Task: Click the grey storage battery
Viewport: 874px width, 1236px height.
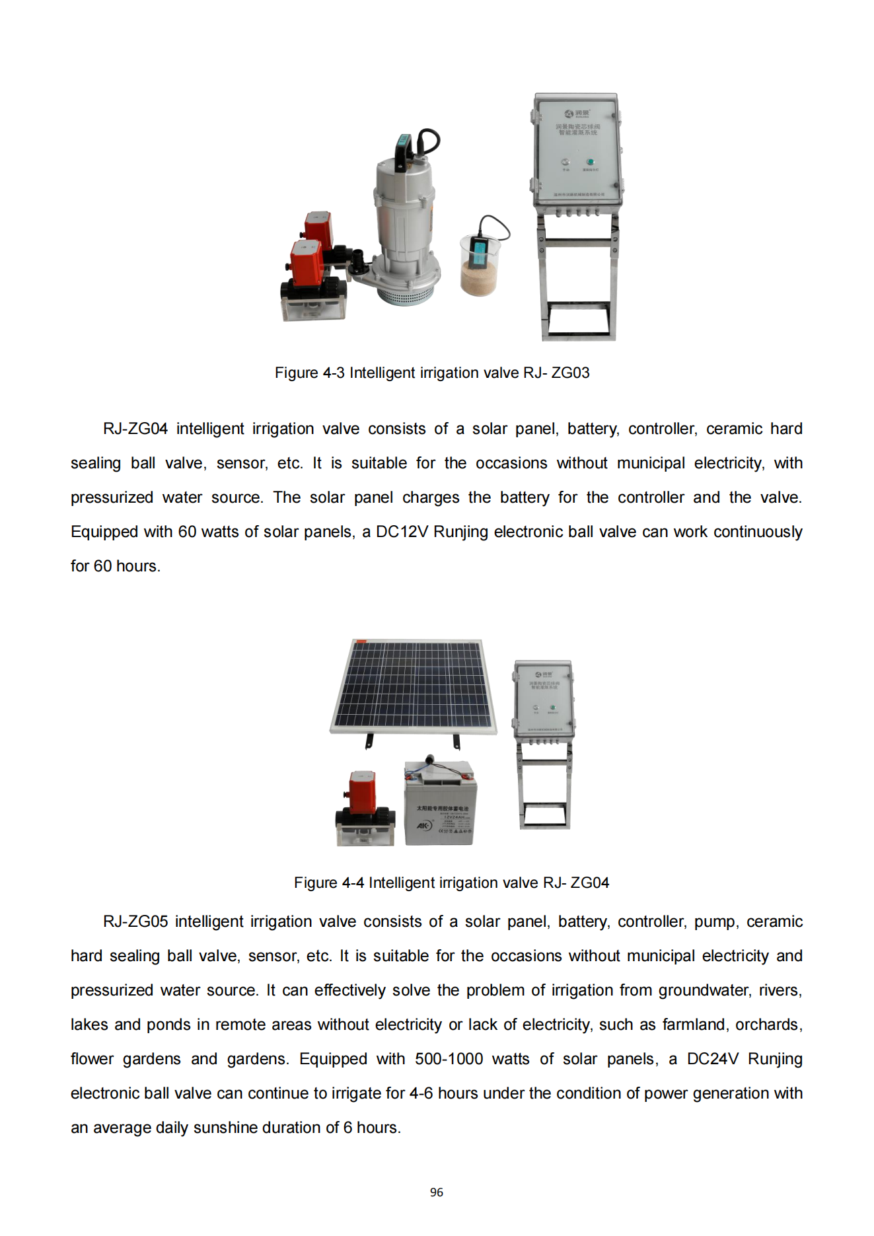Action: coord(439,804)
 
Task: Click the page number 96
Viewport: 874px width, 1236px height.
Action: coord(437,1192)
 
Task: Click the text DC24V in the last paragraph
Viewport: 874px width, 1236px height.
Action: coord(712,1059)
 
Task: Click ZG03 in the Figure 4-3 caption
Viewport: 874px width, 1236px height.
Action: coord(571,373)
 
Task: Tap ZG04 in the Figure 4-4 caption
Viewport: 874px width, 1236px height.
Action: coord(590,883)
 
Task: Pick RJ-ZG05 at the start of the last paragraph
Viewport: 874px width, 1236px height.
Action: coord(135,922)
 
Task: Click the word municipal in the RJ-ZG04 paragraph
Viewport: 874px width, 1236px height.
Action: coord(651,463)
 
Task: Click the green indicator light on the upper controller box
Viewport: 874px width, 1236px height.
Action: coord(590,162)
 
